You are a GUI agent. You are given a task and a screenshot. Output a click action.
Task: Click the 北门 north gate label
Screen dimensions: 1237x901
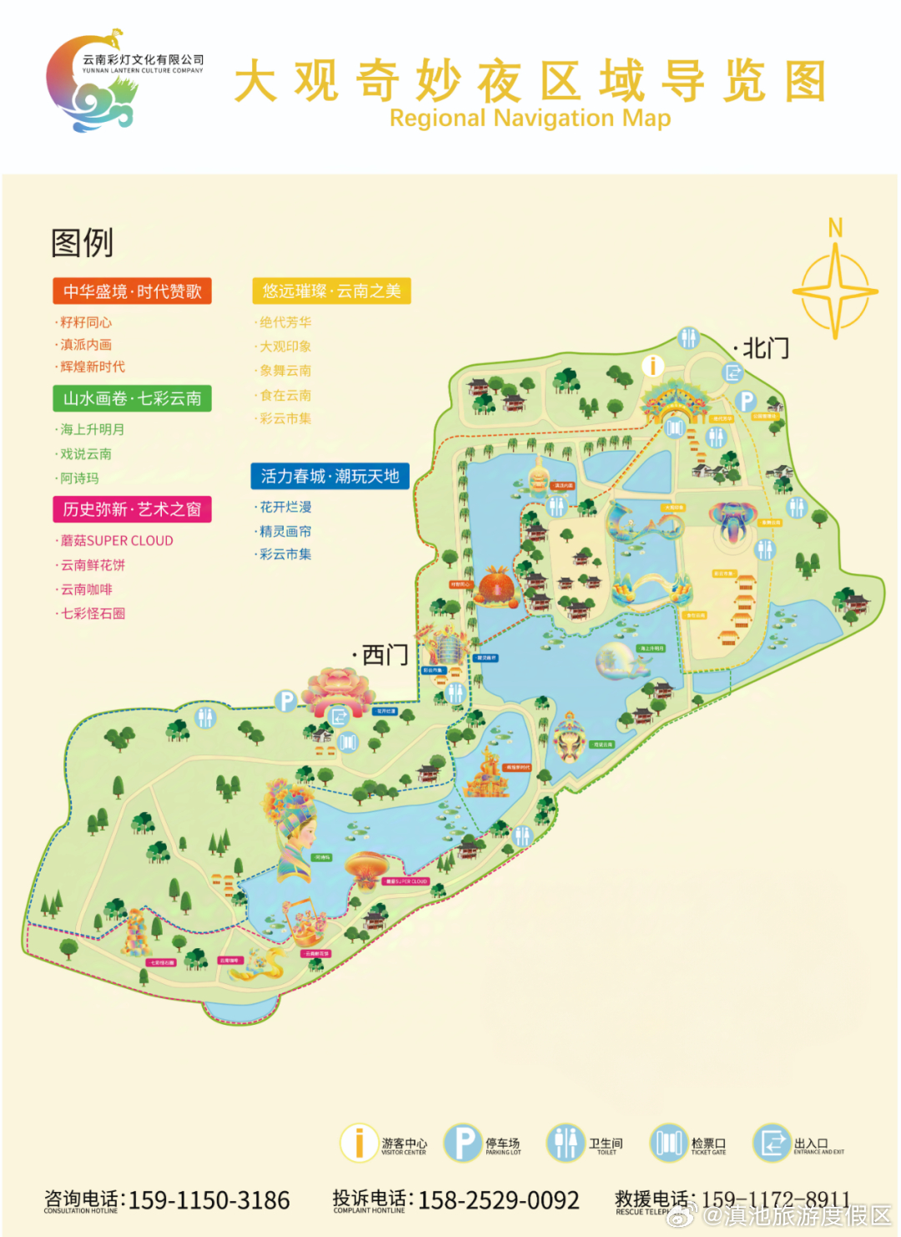click(765, 348)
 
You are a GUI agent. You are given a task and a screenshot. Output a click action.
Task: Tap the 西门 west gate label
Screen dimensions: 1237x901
click(385, 654)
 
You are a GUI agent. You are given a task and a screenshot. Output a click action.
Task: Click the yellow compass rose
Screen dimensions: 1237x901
click(835, 292)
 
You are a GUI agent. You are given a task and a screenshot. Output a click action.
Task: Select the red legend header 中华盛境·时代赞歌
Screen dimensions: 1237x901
click(132, 291)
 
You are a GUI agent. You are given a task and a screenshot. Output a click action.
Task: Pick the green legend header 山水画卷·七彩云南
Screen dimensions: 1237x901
click(132, 398)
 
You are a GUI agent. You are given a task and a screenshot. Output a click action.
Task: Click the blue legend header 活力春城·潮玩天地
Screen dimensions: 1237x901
click(330, 476)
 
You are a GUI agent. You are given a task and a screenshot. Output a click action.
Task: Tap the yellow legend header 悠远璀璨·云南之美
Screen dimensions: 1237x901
click(331, 290)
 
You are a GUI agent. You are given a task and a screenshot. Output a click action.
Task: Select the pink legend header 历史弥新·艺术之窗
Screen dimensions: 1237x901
click(132, 509)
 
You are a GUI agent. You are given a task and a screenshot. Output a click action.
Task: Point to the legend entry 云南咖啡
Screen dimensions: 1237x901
click(86, 589)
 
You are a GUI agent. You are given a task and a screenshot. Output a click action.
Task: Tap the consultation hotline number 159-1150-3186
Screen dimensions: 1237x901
click(209, 1200)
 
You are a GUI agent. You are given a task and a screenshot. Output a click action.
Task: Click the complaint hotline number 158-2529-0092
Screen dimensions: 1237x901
click(498, 1200)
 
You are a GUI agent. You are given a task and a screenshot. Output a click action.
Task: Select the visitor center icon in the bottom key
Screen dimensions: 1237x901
click(359, 1143)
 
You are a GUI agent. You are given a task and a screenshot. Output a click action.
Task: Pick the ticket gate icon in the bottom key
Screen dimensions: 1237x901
click(669, 1143)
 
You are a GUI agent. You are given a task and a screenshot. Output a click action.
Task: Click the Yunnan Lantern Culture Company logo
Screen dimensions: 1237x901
click(92, 81)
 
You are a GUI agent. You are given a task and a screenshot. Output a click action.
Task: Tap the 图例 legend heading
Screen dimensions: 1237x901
click(82, 243)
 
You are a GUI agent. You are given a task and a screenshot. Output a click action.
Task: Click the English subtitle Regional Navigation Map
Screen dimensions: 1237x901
click(530, 119)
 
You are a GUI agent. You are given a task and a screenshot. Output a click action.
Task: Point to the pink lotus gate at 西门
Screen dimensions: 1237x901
click(337, 692)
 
